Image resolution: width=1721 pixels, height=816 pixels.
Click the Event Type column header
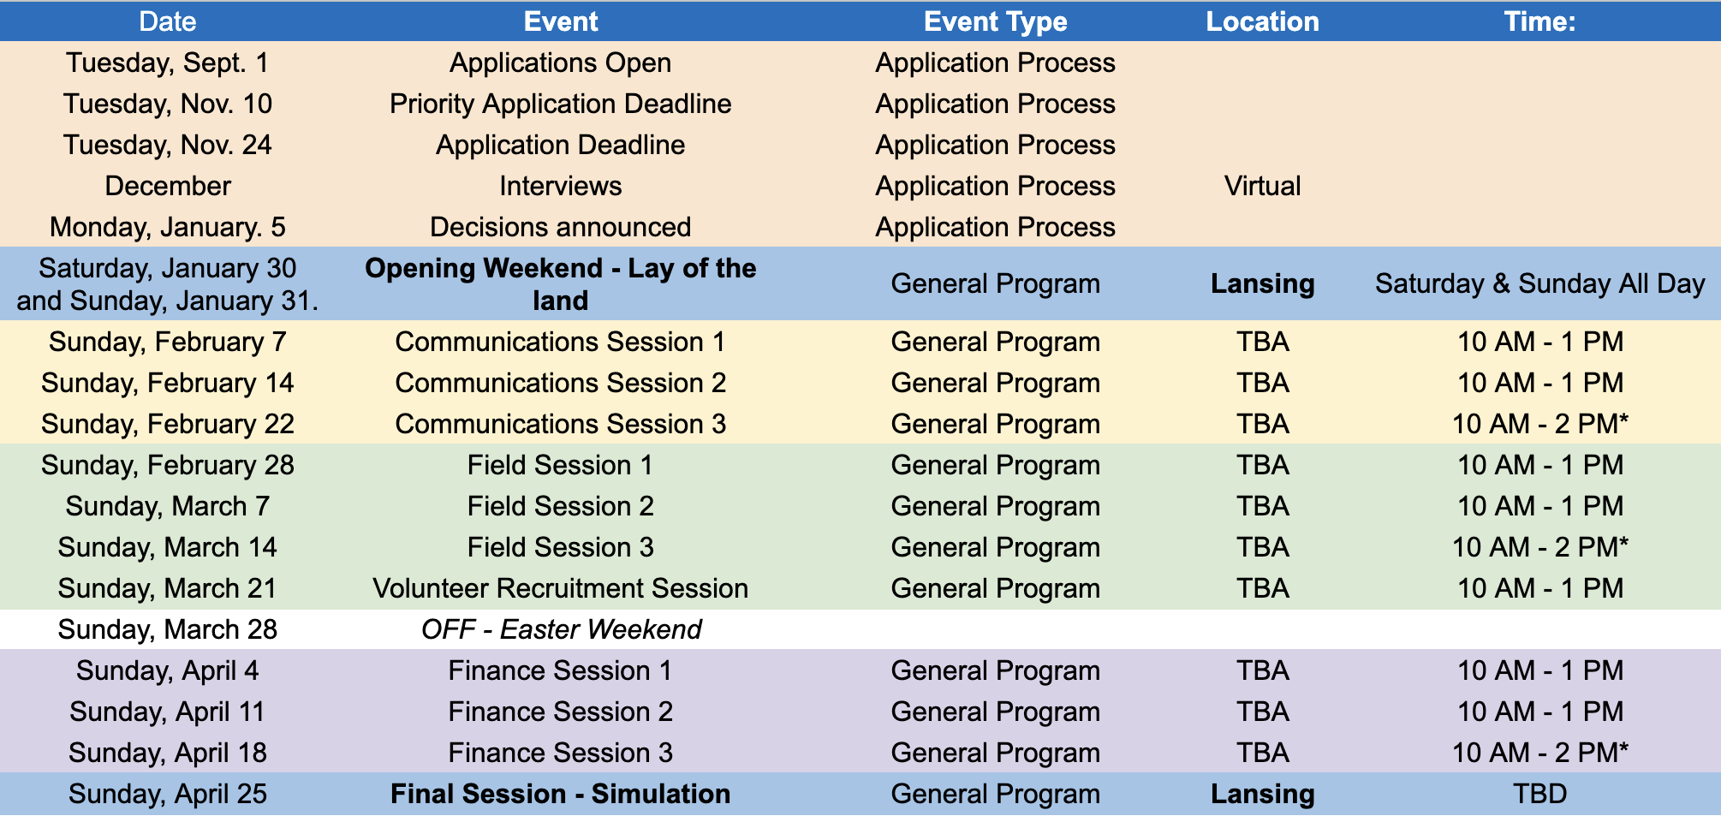995,21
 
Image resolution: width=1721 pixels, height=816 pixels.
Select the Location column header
1262,21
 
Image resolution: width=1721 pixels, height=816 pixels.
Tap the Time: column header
1539,21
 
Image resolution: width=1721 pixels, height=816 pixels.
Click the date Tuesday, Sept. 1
168,63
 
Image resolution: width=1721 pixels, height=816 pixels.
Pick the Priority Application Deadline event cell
561,104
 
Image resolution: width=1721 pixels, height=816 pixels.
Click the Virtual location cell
1262,186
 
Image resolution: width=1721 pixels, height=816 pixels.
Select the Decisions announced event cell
561,227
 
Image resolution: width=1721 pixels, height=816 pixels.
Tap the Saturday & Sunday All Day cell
1539,283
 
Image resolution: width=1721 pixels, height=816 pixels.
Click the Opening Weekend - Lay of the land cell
561,284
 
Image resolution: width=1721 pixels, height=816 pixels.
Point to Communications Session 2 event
561,383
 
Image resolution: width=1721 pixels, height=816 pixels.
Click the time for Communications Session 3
1539,424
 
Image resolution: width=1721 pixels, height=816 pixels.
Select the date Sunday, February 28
168,465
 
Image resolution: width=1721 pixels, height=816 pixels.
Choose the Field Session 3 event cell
561,547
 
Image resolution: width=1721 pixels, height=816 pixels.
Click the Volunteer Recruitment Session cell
561,588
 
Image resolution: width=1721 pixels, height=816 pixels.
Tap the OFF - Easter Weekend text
561,629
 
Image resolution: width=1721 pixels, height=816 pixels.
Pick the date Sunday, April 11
168,712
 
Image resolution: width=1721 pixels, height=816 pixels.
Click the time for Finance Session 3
1539,753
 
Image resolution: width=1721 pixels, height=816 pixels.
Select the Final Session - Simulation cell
561,794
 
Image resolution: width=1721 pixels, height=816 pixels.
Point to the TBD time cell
1539,794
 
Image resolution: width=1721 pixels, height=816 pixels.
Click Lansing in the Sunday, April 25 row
1262,794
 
